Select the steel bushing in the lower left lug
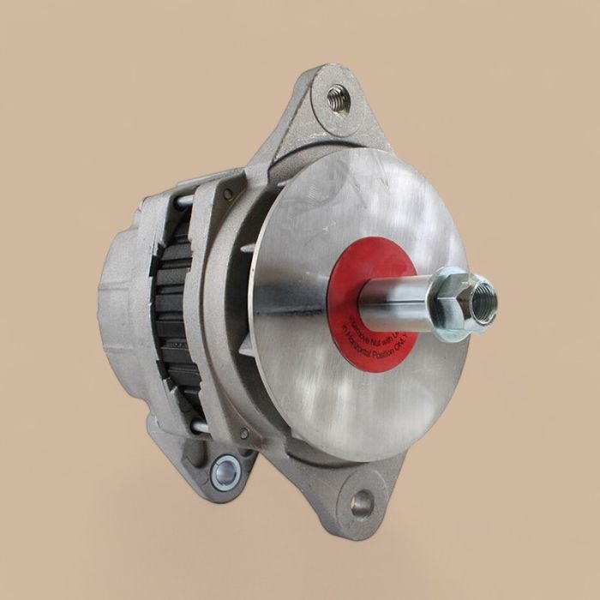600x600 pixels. click(x=225, y=471)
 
